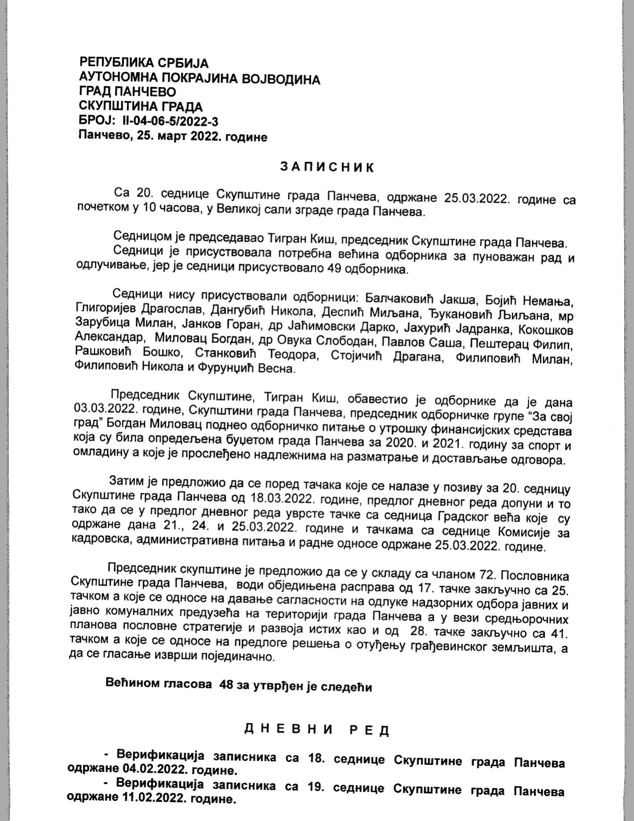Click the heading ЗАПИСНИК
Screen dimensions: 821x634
327,167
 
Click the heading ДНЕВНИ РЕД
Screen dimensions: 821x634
317,730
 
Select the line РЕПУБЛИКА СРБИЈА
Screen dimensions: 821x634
144,63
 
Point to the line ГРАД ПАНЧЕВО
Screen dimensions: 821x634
127,92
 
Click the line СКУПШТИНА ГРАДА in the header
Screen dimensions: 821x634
141,107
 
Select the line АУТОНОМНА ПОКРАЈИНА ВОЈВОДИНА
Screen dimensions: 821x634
199,79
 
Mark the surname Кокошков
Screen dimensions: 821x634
545,330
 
